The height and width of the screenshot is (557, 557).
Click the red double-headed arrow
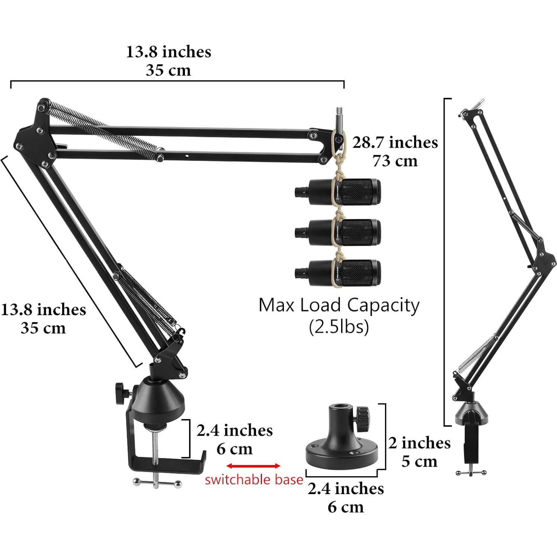point(253,466)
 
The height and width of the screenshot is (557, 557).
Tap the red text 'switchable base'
point(254,480)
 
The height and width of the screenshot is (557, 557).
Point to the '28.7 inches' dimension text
point(395,143)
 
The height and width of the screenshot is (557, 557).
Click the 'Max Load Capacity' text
point(339,305)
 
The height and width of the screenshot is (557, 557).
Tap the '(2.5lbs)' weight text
point(339,327)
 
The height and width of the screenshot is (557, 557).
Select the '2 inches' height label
point(419,443)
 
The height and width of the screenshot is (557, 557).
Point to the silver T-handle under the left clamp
point(156,483)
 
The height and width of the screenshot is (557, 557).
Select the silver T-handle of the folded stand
point(471,473)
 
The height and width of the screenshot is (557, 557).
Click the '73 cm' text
point(395,161)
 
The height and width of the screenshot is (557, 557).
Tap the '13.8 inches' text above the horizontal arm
point(168,52)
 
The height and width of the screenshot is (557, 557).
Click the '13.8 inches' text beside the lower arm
point(44,310)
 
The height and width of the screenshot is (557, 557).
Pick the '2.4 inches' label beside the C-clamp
point(234,430)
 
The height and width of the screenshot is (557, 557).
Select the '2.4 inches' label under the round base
point(346,489)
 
